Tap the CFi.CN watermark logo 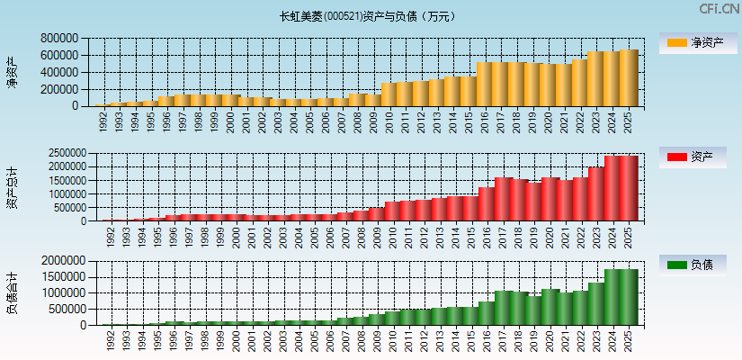719,9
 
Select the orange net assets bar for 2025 629,78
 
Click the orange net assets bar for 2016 485,85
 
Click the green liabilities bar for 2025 629,297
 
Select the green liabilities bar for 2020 549,307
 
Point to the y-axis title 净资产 12,72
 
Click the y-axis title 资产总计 12,187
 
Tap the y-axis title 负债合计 12,293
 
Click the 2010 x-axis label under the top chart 389,121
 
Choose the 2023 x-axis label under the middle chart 596,236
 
